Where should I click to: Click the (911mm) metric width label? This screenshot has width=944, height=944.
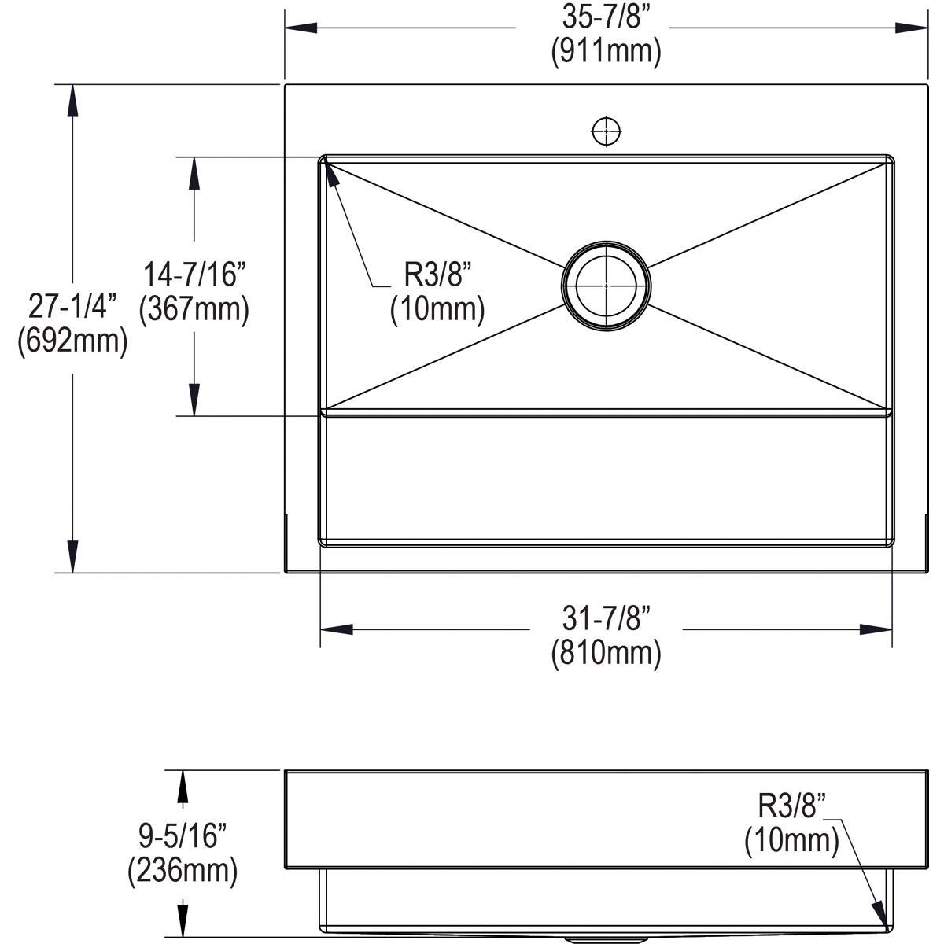pos(606,52)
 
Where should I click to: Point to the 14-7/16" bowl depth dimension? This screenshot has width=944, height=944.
pos(194,275)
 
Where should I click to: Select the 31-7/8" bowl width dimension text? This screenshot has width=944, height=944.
pos(606,619)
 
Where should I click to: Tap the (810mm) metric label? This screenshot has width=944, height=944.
pos(606,652)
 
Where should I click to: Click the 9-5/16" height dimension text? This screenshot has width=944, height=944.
pos(183,835)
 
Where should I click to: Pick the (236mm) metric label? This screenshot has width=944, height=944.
pos(183,869)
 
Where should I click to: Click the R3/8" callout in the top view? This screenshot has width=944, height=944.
pos(437,275)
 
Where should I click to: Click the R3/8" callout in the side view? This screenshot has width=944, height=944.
pos(792,807)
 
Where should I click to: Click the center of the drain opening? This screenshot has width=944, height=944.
pos(606,285)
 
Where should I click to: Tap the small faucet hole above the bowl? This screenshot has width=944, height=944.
pos(606,131)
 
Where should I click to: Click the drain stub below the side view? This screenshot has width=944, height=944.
pos(606,938)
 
